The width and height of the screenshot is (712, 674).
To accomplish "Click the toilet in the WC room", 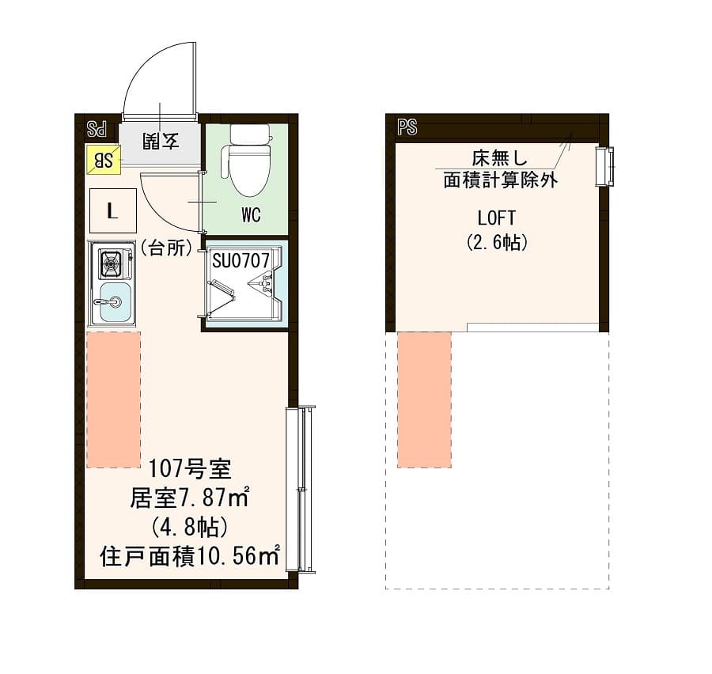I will pos(248,163).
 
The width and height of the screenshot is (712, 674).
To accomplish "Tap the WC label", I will pos(252,215).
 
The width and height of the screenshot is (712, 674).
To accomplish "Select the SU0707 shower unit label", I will pos(240,259).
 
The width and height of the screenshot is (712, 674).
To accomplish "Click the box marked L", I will pos(112,211).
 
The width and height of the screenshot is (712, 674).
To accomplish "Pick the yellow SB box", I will pos(103,161).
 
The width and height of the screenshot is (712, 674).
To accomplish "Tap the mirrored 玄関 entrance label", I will pos(161,142).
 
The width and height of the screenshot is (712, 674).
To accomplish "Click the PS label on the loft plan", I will pos(407,127).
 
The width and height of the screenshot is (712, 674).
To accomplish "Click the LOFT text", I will pos(497,218).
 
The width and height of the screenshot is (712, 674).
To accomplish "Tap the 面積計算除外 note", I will pos(500,180).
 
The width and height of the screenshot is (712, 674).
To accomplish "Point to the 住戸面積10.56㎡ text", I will pos(190,556).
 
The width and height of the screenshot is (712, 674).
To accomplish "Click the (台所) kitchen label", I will pos(167,248).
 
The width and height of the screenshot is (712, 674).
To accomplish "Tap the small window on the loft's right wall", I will pos(605,167).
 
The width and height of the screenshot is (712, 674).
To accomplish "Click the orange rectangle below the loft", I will pos(424,399).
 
